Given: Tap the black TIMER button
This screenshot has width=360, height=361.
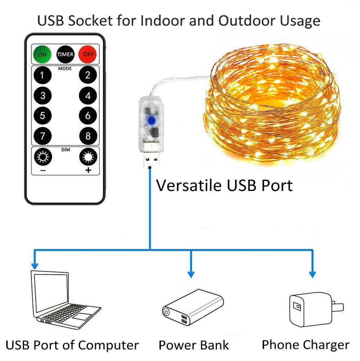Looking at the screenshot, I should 65,55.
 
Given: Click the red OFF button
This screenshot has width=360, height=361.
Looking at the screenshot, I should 87,55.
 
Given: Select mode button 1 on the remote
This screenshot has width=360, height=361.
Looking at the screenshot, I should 42,76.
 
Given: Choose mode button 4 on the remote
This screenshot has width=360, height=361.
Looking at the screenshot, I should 88,96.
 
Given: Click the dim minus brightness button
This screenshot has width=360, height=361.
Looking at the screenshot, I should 42,157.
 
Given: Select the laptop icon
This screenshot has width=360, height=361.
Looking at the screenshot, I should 65,298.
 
